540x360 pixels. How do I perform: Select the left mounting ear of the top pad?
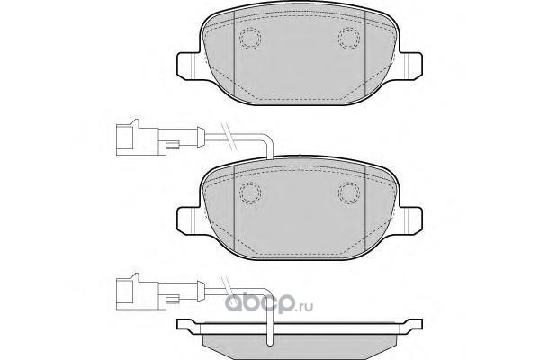click(x=188, y=66)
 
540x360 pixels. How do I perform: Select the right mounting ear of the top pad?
click(x=410, y=66)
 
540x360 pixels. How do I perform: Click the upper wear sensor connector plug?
click(x=138, y=138)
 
